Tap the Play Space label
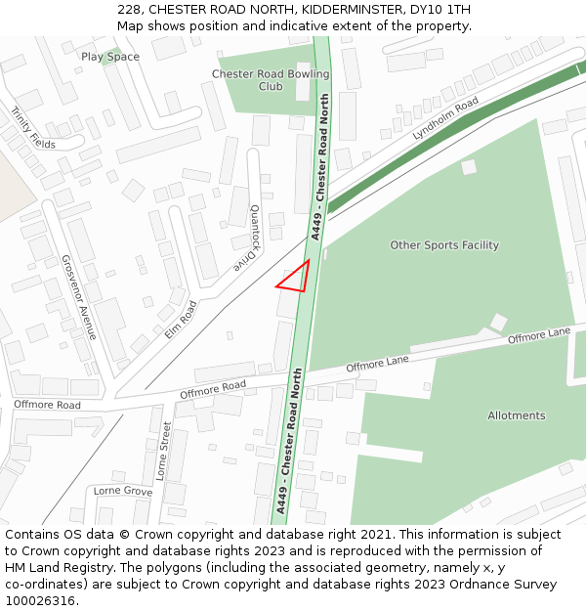click(x=110, y=57)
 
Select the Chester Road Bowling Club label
click(x=271, y=80)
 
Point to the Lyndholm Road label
click(x=445, y=118)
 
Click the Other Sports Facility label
click(x=444, y=245)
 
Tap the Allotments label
click(x=517, y=415)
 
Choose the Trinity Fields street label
click(x=33, y=127)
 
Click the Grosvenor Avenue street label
click(x=79, y=297)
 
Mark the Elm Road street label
click(x=181, y=319)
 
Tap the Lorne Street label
click(x=163, y=451)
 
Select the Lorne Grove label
click(x=123, y=491)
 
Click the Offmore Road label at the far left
click(x=47, y=405)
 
